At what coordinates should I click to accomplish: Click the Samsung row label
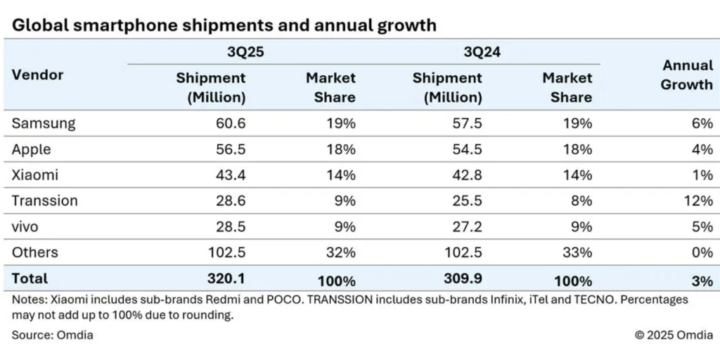43,124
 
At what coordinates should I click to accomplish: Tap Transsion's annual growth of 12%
697,201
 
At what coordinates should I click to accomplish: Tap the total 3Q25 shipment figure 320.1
226,279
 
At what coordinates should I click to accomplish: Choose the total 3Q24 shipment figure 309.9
462,279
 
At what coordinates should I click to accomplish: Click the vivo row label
27,226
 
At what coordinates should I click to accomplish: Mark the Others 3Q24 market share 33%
577,252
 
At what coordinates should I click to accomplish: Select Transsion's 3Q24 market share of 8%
580,201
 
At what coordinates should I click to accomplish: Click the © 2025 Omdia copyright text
674,335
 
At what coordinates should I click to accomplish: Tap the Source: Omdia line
52,335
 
